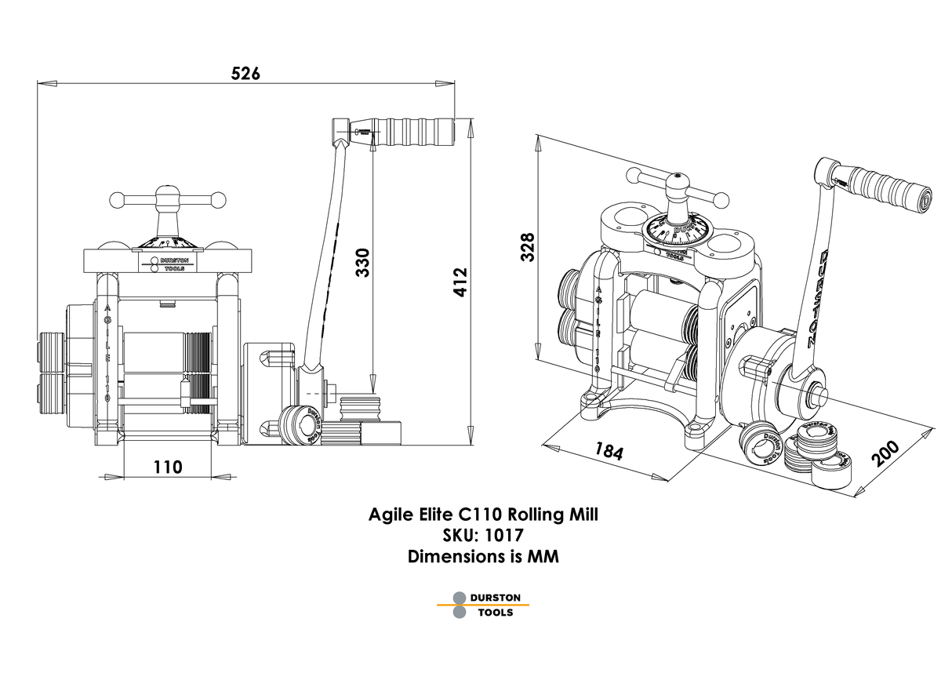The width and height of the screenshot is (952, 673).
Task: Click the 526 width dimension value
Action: click(245, 74)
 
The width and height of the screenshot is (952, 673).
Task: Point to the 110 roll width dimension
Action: click(168, 467)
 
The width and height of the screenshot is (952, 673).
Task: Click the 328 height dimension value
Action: click(526, 247)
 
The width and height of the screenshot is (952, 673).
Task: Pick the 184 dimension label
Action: click(609, 452)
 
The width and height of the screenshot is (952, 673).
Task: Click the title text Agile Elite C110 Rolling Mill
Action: click(483, 515)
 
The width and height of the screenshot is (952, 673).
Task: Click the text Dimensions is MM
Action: click(483, 557)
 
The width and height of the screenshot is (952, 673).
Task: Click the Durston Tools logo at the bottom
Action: click(483, 605)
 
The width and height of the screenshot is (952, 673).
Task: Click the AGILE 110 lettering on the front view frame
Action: click(107, 353)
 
